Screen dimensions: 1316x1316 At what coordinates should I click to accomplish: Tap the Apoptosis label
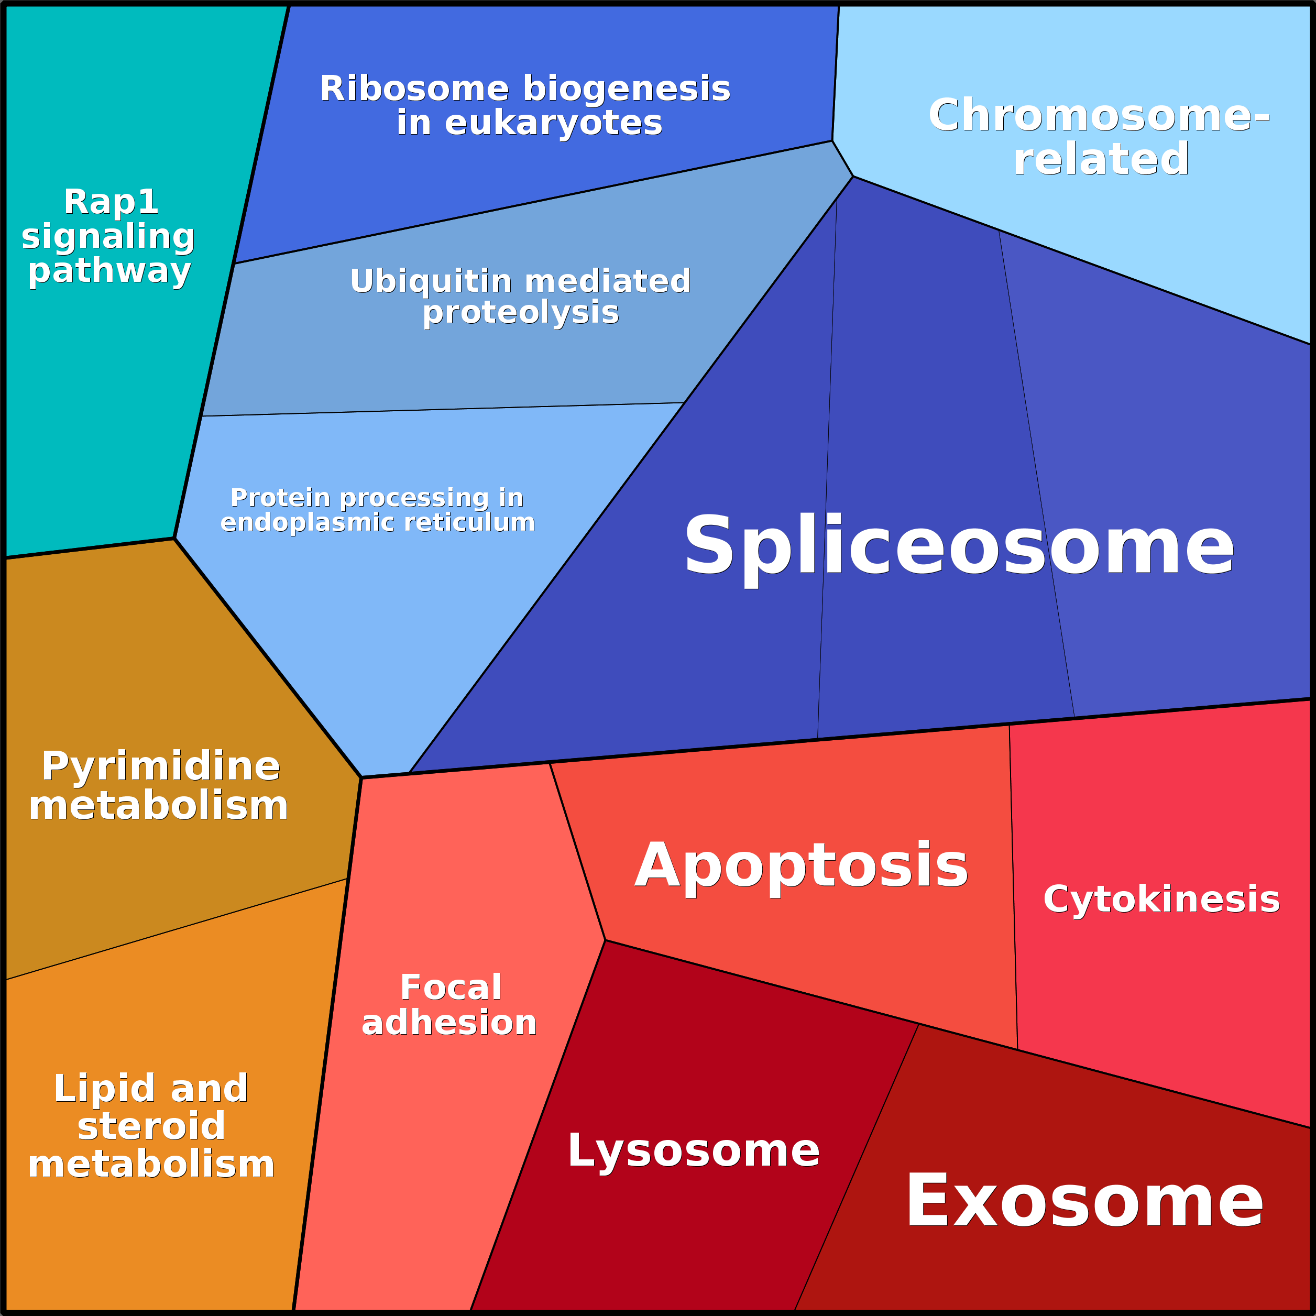801,866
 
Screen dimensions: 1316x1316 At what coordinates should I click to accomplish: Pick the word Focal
451,988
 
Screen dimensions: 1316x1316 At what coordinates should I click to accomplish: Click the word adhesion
449,1023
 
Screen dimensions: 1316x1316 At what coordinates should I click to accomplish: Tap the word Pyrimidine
161,766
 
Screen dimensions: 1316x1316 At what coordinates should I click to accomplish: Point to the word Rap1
111,202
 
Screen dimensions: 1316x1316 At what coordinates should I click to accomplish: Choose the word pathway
109,271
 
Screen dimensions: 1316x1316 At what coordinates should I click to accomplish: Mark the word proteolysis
520,313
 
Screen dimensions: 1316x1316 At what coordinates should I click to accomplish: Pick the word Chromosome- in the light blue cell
1099,115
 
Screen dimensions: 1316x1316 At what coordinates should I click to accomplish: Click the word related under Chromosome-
1101,159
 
